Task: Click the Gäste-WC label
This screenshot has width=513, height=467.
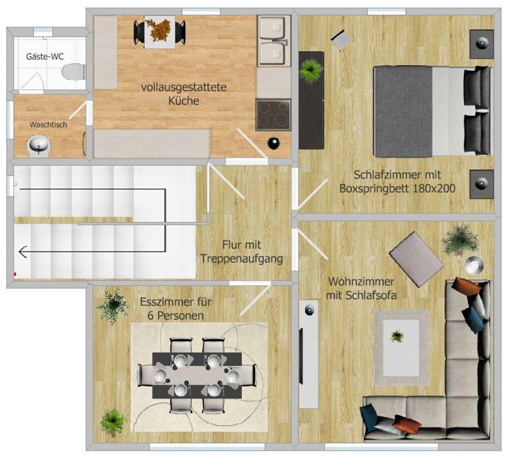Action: coord(45,57)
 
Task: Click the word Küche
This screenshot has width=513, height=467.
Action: coord(184,101)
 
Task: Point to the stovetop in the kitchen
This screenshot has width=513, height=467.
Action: coord(273,115)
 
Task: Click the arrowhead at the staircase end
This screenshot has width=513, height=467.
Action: coord(23,252)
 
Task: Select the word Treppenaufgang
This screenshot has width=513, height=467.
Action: coord(241,259)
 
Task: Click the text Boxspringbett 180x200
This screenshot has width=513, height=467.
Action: coord(398,189)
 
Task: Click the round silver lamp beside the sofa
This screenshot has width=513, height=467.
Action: coord(474,265)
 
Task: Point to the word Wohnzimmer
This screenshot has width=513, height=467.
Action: coord(361,281)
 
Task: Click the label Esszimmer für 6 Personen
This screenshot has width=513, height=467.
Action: coord(176,309)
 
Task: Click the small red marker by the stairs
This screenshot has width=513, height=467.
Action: coord(15,274)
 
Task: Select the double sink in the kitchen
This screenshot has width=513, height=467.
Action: coord(274,41)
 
